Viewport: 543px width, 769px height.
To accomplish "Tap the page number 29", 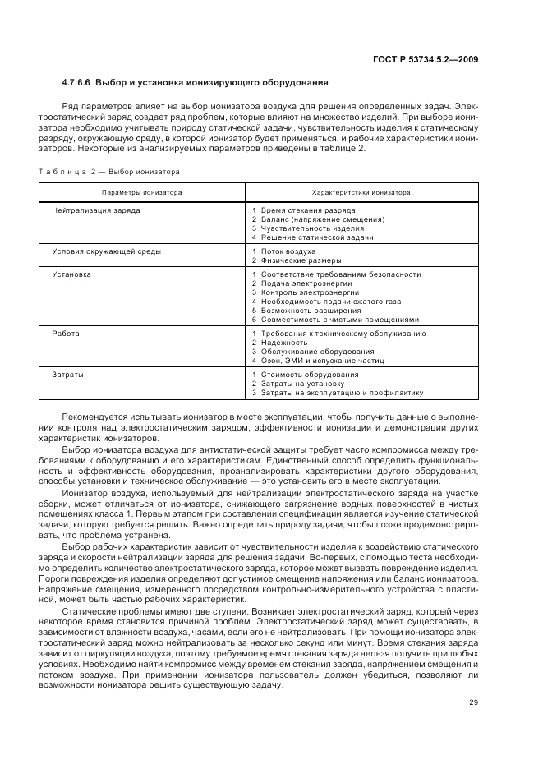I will coord(474,701).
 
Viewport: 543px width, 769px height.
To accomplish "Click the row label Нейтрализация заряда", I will coord(96,210).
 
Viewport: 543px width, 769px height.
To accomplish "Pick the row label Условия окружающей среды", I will coord(106,251).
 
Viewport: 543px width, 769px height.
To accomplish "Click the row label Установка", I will coord(71,274).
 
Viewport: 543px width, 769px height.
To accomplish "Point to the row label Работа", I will coord(67,333).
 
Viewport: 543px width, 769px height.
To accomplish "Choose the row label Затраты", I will coord(68,374).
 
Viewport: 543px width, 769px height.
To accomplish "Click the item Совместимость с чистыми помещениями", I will coord(339,320).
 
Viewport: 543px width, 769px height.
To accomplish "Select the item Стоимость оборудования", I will coord(305,374).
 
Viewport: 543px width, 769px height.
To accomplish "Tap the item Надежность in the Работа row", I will coord(284,342).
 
